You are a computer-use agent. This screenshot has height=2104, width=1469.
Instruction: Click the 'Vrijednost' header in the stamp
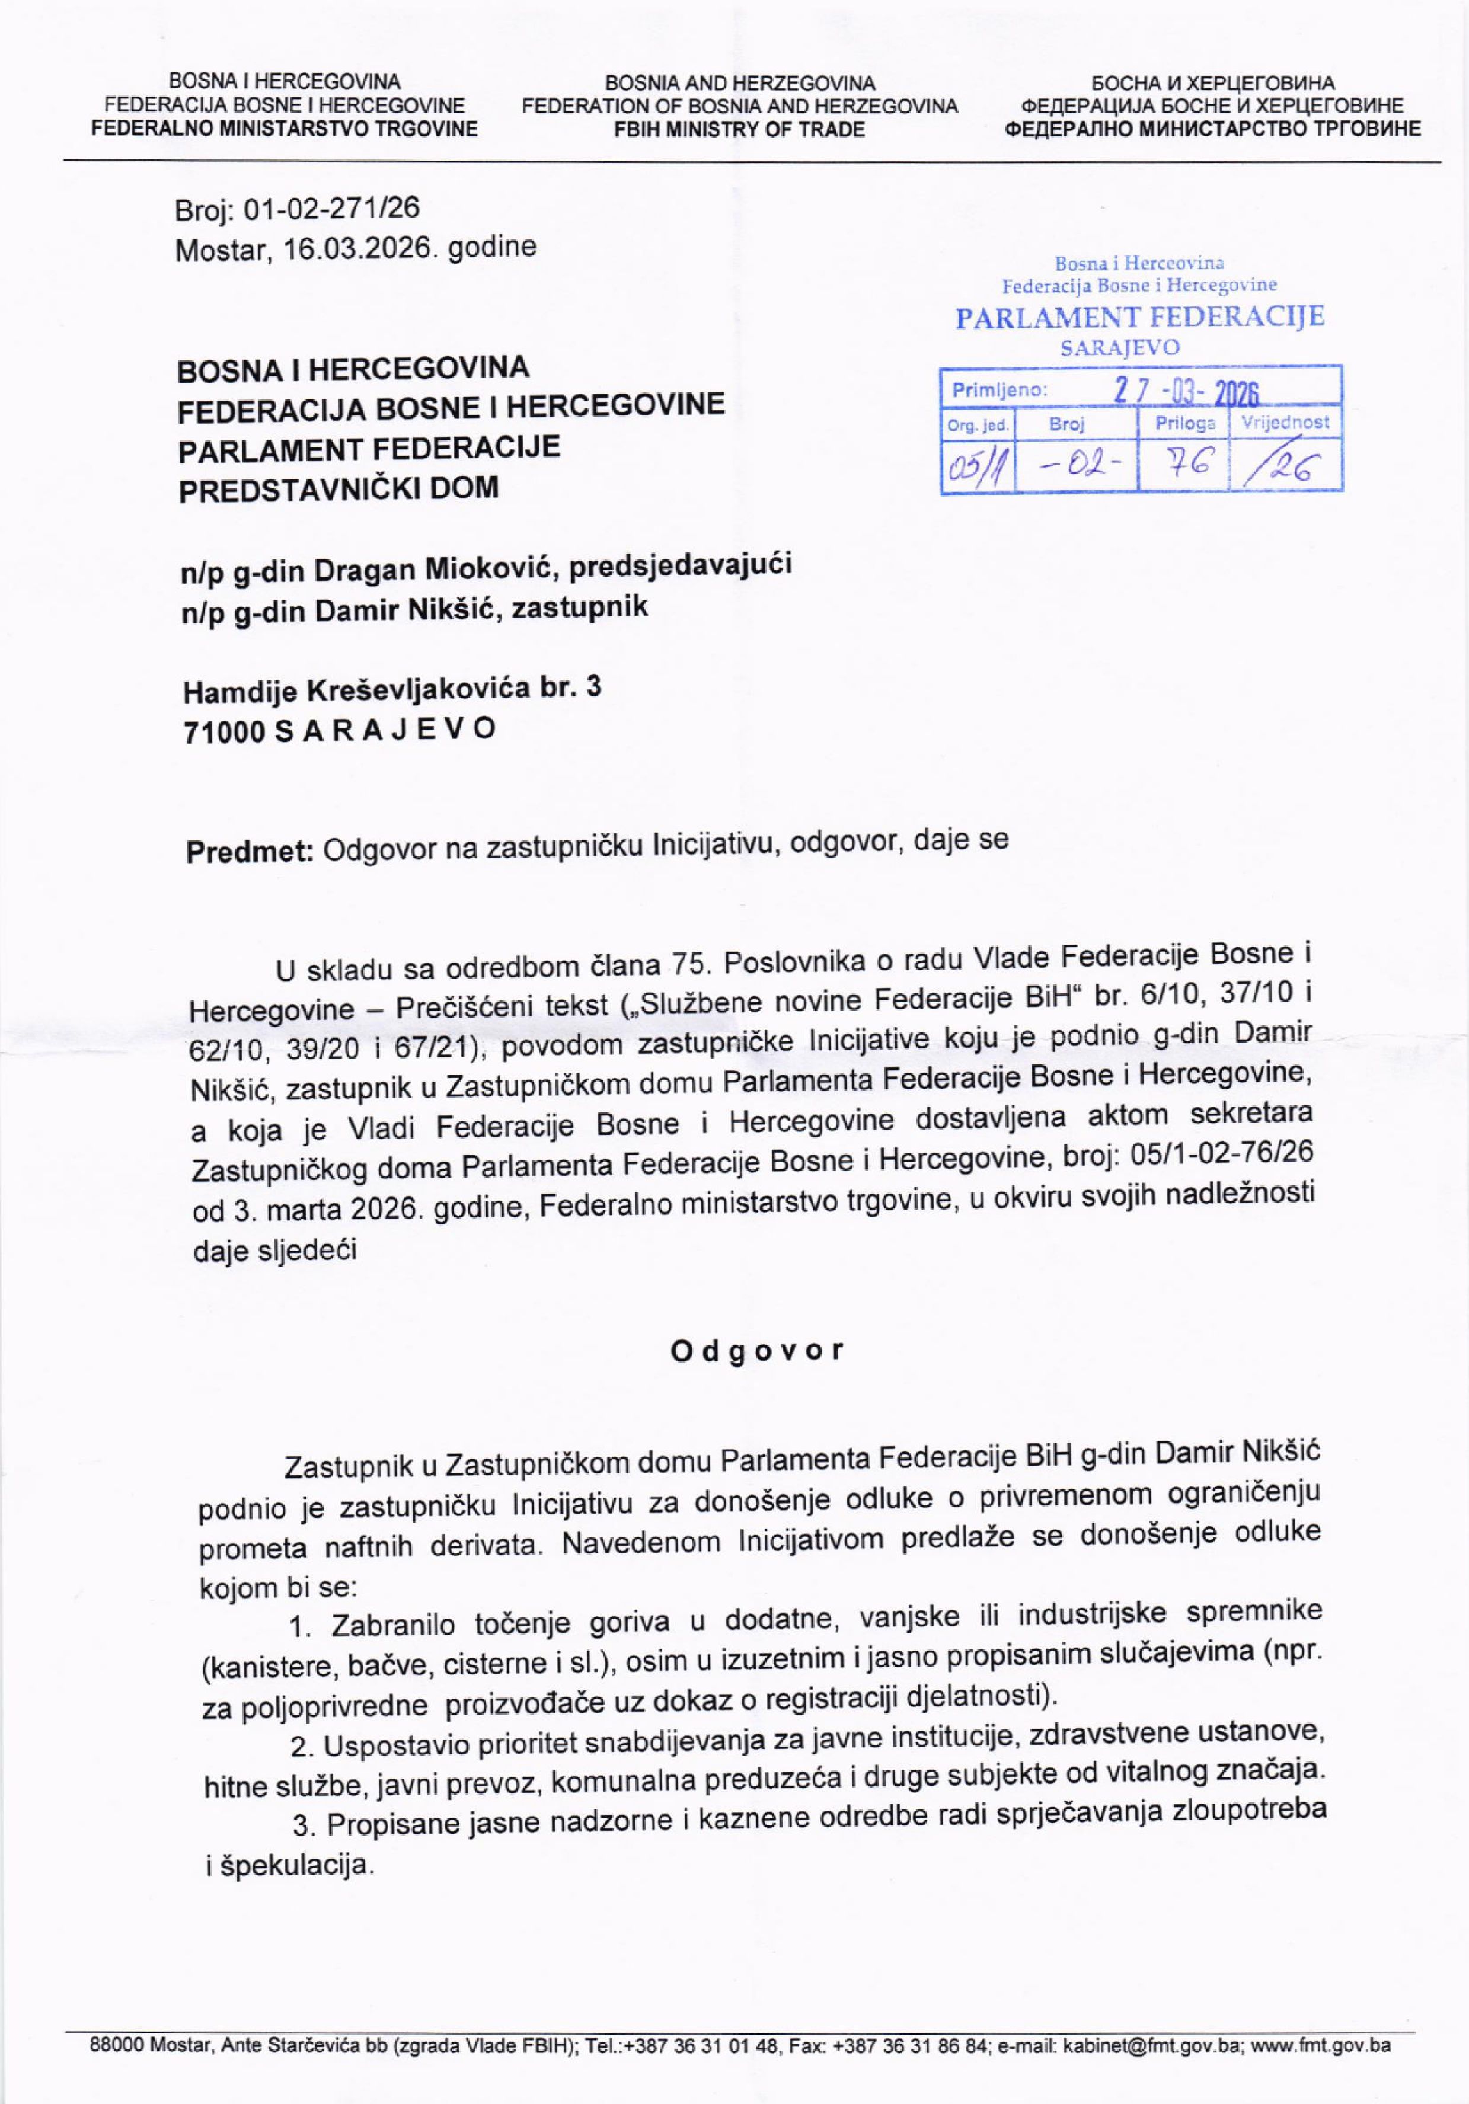(x=1285, y=423)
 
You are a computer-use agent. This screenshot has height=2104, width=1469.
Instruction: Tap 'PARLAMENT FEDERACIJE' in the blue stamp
(x=1139, y=318)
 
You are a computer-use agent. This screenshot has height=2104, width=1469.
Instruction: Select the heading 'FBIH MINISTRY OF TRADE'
(x=740, y=129)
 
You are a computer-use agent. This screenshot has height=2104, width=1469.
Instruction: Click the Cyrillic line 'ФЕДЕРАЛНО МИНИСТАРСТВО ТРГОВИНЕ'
(x=1213, y=129)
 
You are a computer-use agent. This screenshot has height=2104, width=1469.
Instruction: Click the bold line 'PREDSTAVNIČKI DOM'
(x=338, y=488)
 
